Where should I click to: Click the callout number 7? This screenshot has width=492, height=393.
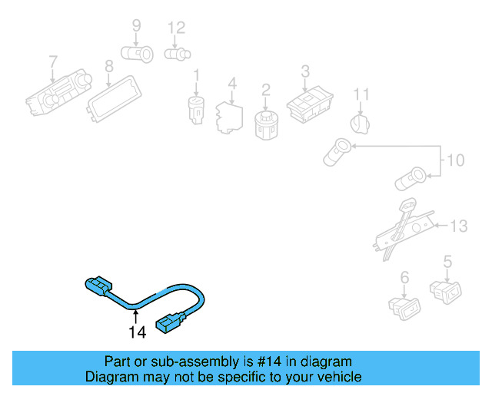coord(53,61)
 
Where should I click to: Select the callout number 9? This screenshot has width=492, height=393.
coord(136,25)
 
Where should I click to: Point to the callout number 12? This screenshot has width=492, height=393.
coord(177,28)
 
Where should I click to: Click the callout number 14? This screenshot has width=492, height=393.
coord(137,333)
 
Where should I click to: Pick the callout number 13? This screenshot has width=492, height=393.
coord(458,226)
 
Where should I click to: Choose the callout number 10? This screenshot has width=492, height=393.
coord(456,160)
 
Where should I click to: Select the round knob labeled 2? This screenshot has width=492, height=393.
coord(265,122)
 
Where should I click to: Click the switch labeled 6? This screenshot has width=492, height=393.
coord(404,306)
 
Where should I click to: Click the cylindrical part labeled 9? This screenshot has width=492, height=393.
coord(139,54)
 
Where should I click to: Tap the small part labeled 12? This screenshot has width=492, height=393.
coord(178,54)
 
